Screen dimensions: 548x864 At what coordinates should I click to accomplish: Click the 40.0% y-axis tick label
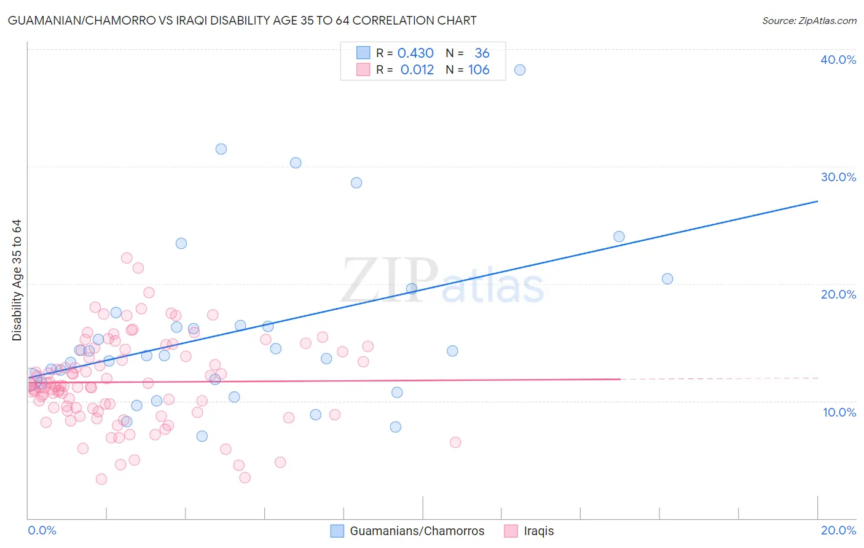[x=838, y=60]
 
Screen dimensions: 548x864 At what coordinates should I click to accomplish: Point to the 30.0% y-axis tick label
[x=838, y=177]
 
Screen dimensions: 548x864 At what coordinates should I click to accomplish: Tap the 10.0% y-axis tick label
[x=839, y=412]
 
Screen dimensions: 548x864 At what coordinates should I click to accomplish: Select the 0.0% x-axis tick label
[x=42, y=530]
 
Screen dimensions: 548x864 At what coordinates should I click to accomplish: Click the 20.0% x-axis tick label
[x=838, y=530]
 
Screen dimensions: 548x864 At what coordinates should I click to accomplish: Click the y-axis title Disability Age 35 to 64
[x=17, y=280]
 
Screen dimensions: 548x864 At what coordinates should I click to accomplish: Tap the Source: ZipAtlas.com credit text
[x=809, y=20]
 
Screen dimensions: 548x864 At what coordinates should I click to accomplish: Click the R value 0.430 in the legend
[x=415, y=53]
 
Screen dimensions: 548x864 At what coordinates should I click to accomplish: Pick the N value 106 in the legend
[x=479, y=70]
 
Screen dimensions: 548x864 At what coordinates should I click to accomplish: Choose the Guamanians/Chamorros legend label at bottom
[x=417, y=531]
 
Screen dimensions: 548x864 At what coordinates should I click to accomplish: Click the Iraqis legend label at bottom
[x=538, y=531]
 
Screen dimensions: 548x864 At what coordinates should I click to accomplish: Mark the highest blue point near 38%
[x=520, y=70]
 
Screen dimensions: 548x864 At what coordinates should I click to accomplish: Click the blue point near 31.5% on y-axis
[x=221, y=149]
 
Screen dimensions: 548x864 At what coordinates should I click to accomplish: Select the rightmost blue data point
[x=667, y=279]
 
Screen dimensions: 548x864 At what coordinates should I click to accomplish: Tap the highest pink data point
[x=127, y=258]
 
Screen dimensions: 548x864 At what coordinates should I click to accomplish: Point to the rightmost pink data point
[x=455, y=442]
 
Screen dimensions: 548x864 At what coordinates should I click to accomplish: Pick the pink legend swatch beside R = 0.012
[x=363, y=70]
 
